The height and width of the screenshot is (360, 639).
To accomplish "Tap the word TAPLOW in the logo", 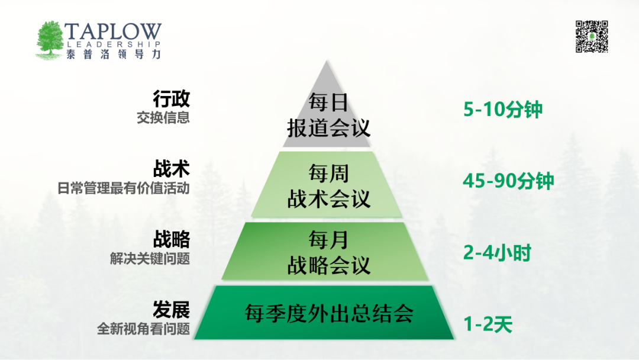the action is (113, 32).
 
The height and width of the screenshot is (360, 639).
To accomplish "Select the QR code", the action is (592, 37).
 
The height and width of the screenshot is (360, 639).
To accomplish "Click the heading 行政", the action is (172, 99).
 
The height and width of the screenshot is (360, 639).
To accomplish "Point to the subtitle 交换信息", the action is (163, 118).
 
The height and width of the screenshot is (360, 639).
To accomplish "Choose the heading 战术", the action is (172, 169).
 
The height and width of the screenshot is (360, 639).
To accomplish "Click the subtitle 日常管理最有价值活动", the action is (124, 188).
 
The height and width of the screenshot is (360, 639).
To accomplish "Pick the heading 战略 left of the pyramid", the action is (172, 239).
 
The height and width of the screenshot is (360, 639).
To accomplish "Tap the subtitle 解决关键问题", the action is (150, 259).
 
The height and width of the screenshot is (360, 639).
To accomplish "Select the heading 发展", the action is (172, 310).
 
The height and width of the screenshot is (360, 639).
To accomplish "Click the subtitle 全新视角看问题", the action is (143, 329).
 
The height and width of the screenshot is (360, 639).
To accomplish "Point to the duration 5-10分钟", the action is (503, 110).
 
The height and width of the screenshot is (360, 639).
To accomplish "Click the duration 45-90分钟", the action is (508, 181).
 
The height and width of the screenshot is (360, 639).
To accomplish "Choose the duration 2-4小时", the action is (497, 253).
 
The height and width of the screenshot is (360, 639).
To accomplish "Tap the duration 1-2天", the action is (488, 324).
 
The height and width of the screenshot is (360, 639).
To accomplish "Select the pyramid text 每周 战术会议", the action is (328, 187).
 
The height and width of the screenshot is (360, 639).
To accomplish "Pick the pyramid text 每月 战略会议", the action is (328, 252).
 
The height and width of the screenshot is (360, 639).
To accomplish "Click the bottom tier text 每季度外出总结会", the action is (329, 314).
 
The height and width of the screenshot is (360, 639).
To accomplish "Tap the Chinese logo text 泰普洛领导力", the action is (114, 54).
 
